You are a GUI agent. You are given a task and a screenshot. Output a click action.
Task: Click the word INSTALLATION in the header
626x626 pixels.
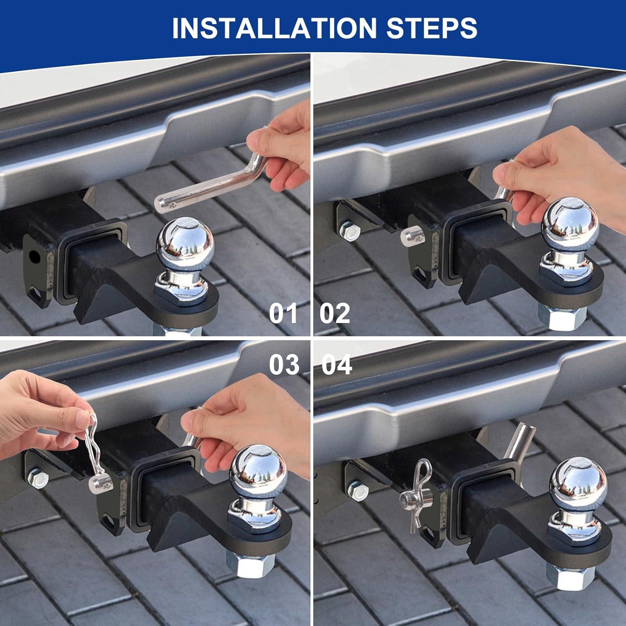pos(275,28)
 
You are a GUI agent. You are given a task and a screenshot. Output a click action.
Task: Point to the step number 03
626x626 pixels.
pos(284,364)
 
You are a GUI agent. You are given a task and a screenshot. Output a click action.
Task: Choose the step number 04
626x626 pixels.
pos(337,364)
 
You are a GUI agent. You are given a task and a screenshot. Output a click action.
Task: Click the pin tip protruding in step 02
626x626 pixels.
pos(410,237)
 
